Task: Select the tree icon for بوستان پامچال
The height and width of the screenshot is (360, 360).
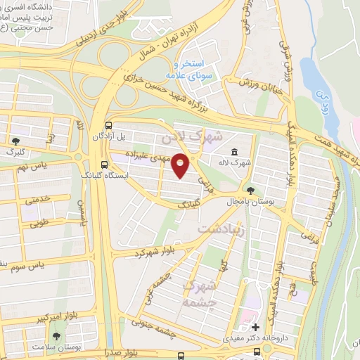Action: (251, 191)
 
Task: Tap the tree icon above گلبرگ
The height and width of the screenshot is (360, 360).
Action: (15, 141)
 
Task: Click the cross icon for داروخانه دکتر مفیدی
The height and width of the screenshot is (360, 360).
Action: (255, 327)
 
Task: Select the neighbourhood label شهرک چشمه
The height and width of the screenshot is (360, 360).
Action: (200, 293)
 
